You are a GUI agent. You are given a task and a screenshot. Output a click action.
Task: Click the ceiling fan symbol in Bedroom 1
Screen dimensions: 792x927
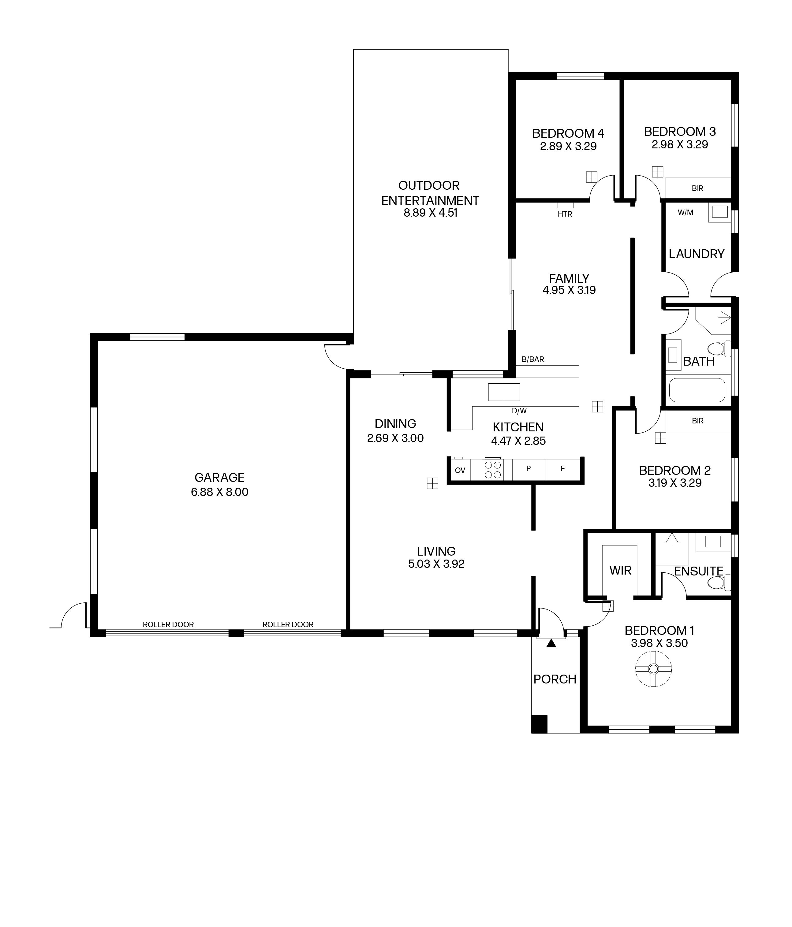point(653,669)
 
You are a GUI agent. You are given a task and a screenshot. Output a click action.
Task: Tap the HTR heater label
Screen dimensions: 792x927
point(565,214)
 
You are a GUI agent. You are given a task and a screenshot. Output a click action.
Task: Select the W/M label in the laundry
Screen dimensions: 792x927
point(685,213)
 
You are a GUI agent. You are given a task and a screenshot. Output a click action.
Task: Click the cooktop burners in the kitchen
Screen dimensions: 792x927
point(493,470)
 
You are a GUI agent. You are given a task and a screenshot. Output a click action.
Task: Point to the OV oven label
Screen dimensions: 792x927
point(460,470)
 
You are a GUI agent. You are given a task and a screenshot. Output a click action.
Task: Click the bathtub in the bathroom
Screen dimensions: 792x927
point(697,390)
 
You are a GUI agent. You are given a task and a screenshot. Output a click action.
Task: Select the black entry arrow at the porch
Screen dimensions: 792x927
point(551,643)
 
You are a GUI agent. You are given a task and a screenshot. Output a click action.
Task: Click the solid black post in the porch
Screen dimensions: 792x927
point(540,724)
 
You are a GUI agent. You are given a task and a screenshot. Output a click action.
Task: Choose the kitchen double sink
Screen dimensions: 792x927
point(504,392)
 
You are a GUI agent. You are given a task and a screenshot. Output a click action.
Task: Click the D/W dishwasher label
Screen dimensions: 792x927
point(519,411)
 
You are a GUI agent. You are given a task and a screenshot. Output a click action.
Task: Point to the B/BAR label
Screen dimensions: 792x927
point(532,359)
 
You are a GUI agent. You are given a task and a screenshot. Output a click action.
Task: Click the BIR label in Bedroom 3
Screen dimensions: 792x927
point(697,188)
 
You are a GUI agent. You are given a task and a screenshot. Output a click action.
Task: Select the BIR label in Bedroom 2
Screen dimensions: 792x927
point(697,421)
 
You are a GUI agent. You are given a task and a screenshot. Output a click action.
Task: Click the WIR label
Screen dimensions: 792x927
point(620,571)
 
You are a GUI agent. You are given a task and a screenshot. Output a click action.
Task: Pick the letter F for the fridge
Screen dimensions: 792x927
point(562,468)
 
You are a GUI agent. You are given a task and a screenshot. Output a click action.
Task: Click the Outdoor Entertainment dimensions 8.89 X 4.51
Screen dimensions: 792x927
point(431,213)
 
